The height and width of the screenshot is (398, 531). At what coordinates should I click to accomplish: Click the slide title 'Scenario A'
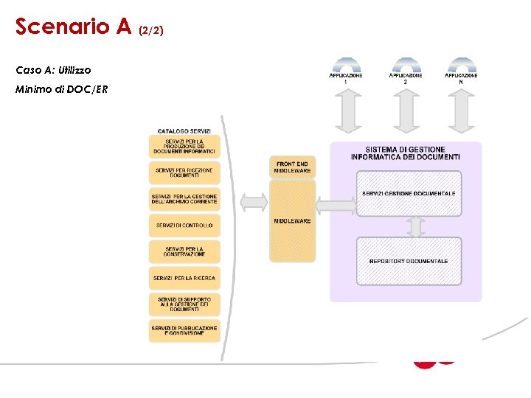pyautogui.click(x=73, y=27)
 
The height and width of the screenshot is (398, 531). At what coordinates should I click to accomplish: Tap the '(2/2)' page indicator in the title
pyautogui.click(x=150, y=30)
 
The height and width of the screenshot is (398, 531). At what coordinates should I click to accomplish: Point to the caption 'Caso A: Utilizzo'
pyautogui.click(x=53, y=70)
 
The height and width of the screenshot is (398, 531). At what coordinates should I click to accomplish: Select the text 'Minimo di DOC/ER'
pyautogui.click(x=61, y=89)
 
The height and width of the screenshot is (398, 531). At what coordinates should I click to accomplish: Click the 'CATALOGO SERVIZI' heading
pyautogui.click(x=184, y=131)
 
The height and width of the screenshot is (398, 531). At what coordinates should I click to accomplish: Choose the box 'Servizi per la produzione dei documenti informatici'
pyautogui.click(x=184, y=146)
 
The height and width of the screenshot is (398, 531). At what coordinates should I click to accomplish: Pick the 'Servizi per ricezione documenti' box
pyautogui.click(x=184, y=172)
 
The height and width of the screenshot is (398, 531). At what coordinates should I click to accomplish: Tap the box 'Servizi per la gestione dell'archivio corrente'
pyautogui.click(x=184, y=199)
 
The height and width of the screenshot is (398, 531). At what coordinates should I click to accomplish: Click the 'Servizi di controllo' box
pyautogui.click(x=184, y=225)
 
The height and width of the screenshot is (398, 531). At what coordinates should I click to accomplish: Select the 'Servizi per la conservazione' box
pyautogui.click(x=184, y=251)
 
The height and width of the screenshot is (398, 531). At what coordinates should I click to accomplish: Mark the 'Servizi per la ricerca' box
pyautogui.click(x=184, y=278)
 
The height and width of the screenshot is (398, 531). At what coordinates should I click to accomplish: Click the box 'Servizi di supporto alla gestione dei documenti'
pyautogui.click(x=184, y=304)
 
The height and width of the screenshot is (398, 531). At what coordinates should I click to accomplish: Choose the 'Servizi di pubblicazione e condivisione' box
pyautogui.click(x=184, y=330)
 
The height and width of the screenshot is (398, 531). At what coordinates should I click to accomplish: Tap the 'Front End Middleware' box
pyautogui.click(x=292, y=167)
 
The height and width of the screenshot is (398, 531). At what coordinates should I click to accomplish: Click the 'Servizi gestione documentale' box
pyautogui.click(x=409, y=193)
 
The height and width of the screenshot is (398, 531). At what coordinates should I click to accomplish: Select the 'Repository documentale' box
pyautogui.click(x=409, y=261)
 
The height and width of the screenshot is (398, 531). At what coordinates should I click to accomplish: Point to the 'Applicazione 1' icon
pyautogui.click(x=346, y=69)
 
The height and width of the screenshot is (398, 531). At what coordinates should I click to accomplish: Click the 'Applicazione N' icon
pyautogui.click(x=461, y=69)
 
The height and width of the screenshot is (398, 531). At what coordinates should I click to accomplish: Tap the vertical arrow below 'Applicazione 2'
pyautogui.click(x=405, y=111)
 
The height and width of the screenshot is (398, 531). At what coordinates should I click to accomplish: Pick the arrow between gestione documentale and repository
pyautogui.click(x=415, y=226)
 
